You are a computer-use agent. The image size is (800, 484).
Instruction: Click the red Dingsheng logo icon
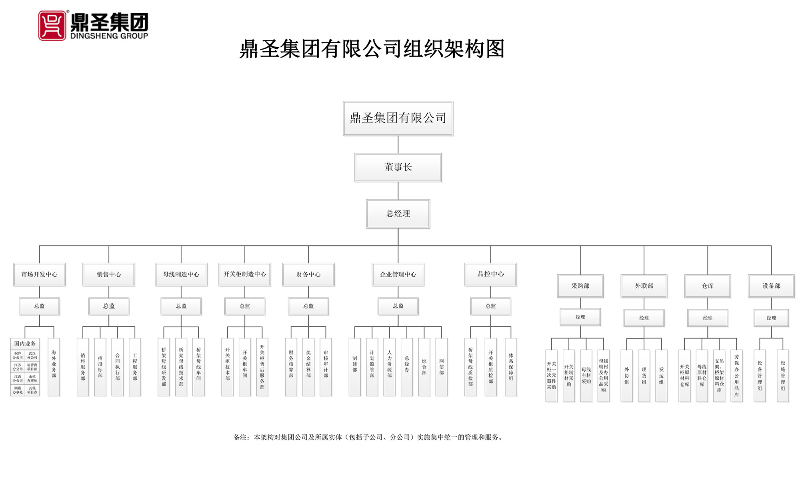coord(52,26)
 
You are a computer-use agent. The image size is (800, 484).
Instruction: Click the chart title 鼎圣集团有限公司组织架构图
coord(372,49)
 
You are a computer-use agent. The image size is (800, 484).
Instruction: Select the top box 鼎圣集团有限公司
coord(398,118)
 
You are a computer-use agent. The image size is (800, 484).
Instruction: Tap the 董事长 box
coord(398,168)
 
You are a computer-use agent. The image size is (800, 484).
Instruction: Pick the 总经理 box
coord(398,214)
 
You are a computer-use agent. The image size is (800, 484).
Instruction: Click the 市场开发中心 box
coord(39,274)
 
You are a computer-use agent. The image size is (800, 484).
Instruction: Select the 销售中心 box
coord(109,274)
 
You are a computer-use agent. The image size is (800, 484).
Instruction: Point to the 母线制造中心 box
coord(181,274)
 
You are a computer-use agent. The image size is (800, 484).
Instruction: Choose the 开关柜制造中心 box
coord(244,274)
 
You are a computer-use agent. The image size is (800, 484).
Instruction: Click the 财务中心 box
coord(308,274)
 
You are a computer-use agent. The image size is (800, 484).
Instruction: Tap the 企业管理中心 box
coord(398,274)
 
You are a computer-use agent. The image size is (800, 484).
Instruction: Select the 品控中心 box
coord(490,274)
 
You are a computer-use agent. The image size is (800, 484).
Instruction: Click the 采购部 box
coord(580,286)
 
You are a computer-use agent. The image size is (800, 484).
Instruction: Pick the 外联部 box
coord(644,286)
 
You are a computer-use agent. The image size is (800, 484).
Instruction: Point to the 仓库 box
coord(708,286)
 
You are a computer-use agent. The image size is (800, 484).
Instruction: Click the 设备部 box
coord(771,286)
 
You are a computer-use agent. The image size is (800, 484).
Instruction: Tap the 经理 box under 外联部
coord(644,318)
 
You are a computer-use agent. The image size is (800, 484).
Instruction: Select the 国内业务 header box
coord(25,344)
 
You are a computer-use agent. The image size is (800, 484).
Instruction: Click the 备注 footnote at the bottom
coord(368,437)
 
